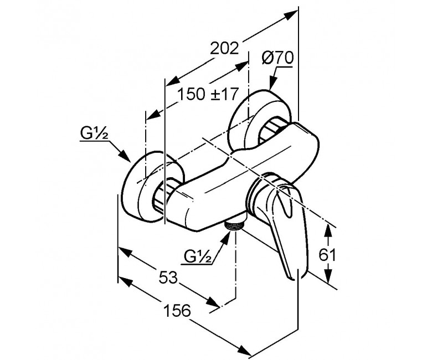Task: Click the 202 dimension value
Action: (x=224, y=49)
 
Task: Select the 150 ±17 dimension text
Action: (x=207, y=94)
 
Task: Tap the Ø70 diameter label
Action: (x=277, y=58)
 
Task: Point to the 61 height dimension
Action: (x=327, y=255)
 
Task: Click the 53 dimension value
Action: (x=168, y=277)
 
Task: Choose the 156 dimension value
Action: (x=177, y=310)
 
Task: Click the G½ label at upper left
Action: (x=94, y=133)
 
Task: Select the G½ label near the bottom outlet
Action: (x=198, y=257)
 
